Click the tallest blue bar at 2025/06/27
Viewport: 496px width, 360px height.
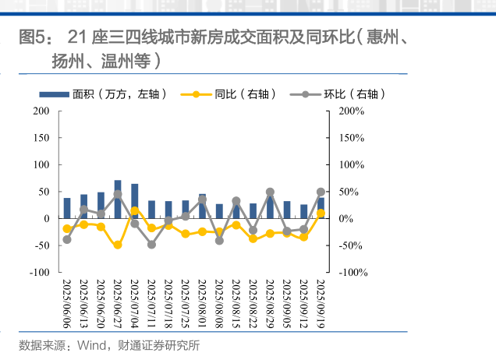click(x=118, y=199)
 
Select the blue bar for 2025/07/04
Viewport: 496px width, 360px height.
click(x=135, y=202)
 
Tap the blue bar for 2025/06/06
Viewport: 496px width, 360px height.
click(x=67, y=209)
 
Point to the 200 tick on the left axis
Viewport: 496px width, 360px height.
click(x=41, y=111)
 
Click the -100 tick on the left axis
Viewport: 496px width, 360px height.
click(x=39, y=272)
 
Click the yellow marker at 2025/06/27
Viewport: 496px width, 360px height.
click(x=118, y=245)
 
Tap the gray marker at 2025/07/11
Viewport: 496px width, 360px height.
click(x=151, y=245)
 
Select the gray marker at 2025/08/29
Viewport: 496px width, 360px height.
click(x=270, y=192)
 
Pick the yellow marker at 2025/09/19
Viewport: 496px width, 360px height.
click(x=321, y=213)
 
